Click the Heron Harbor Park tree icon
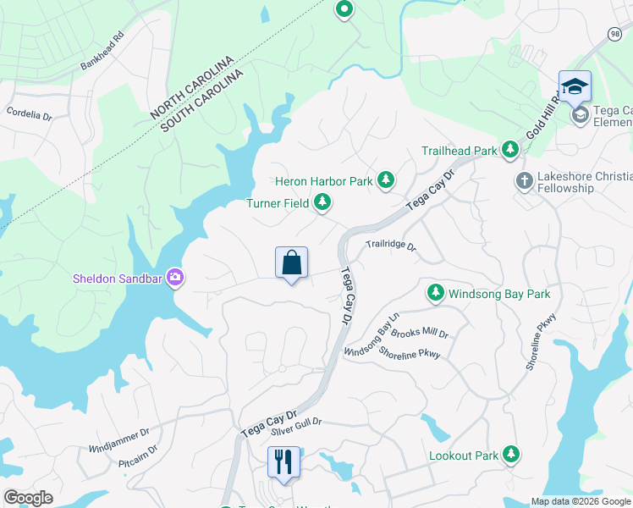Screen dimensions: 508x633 (x=386, y=179)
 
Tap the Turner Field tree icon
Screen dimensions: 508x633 (x=322, y=202)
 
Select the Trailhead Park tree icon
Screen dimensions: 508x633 (x=510, y=151)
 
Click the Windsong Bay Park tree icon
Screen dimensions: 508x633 (x=435, y=293)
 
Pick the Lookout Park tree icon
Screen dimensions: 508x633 (x=510, y=455)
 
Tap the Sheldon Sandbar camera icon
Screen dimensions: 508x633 (x=175, y=277)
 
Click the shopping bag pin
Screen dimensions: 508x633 (x=291, y=263)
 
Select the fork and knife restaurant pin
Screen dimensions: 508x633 (x=283, y=462)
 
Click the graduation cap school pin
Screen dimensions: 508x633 (x=574, y=87)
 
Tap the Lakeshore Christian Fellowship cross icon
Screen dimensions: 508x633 (x=524, y=181)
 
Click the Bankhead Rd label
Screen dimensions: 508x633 (x=102, y=52)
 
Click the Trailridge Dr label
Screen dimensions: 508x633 (x=391, y=246)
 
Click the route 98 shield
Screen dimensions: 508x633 (x=614, y=32)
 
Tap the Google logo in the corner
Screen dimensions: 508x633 (x=28, y=497)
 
